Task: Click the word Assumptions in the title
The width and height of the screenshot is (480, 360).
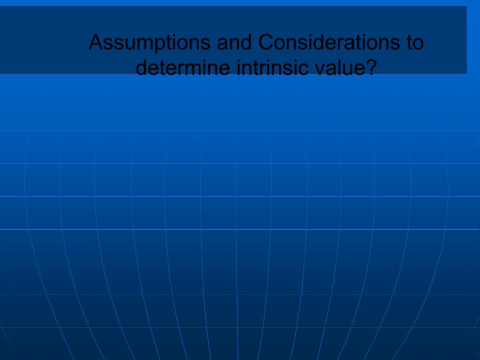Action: tap(150, 43)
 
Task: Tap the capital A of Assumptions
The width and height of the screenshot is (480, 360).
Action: tap(96, 42)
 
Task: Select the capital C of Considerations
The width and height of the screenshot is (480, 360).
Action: tap(266, 42)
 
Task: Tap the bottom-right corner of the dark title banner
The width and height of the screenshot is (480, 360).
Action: tap(466, 74)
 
